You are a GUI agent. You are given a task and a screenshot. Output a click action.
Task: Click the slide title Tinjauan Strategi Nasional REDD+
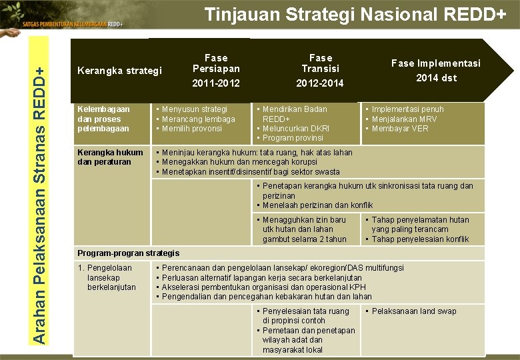tap(355, 15)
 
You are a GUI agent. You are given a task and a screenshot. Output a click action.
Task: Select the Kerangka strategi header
tap(119, 70)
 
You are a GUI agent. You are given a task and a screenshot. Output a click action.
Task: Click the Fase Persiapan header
tap(216, 63)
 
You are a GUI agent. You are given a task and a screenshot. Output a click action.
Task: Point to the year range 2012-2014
tap(321, 83)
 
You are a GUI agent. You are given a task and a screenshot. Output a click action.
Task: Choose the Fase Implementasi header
tap(435, 63)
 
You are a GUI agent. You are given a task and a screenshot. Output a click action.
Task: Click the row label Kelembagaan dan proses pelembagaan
tap(104, 119)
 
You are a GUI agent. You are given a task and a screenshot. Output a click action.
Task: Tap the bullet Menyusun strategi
tap(194, 109)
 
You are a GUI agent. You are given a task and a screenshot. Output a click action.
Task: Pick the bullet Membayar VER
tap(400, 129)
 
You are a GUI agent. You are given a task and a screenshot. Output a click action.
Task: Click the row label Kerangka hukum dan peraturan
tap(110, 157)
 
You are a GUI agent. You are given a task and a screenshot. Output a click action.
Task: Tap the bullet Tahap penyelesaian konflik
tap(420, 239)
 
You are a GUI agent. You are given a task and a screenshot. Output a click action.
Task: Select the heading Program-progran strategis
tap(129, 253)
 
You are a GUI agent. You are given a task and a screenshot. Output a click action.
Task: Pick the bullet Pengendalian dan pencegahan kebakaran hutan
tap(267, 297)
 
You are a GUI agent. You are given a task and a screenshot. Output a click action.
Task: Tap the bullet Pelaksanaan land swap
tap(414, 311)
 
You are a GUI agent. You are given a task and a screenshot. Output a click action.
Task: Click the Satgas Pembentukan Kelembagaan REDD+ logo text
tap(73, 24)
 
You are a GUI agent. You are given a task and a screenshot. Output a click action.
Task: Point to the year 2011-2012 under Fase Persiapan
tap(216, 83)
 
